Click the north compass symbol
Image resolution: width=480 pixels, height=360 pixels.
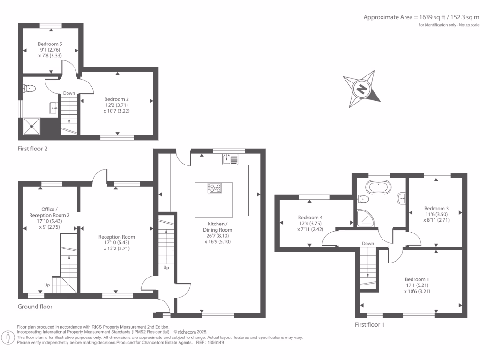[x=361, y=88]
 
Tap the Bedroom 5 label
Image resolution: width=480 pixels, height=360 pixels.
[x=50, y=44]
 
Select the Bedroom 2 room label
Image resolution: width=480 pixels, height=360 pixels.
[x=116, y=99]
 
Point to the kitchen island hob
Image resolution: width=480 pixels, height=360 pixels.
[x=215, y=188]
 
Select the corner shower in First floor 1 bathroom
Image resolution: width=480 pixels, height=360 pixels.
[x=365, y=217]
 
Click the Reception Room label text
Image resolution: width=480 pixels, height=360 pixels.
[x=116, y=237]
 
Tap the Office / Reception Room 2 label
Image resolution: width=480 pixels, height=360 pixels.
[x=43, y=212]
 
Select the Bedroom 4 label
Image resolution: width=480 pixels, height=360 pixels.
[x=310, y=217]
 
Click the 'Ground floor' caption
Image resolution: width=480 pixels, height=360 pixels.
[x=35, y=307]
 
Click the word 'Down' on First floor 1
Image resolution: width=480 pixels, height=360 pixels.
[x=368, y=243]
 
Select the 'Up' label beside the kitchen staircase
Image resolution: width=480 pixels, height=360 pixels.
[x=166, y=268]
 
